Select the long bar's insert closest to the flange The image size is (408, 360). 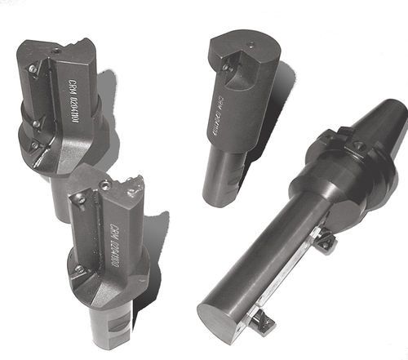coord(326,242)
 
